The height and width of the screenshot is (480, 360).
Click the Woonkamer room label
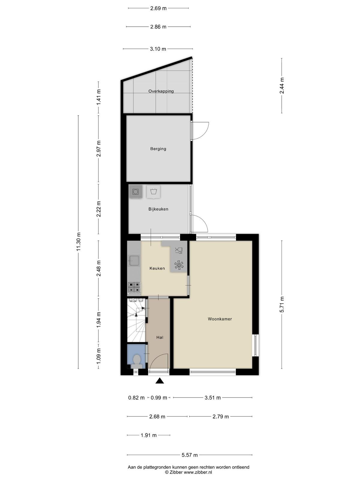(220, 319)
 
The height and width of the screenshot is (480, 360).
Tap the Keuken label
(157, 268)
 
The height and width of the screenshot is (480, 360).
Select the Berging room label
(158, 149)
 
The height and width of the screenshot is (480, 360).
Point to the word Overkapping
(161, 91)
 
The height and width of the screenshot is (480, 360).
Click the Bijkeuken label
(158, 209)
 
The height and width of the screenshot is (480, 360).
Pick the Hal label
(160, 337)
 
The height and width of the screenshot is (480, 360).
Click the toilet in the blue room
(137, 361)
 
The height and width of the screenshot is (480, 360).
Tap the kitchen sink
(134, 260)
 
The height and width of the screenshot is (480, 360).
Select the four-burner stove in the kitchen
(134, 287)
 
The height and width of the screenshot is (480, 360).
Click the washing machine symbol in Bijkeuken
(136, 192)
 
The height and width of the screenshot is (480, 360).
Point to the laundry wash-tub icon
(154, 192)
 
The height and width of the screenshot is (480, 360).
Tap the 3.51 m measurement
(213, 398)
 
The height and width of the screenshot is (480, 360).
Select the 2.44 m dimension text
(282, 85)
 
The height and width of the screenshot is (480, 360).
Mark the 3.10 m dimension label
(158, 49)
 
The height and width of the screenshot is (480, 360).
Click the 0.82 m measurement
(136, 398)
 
